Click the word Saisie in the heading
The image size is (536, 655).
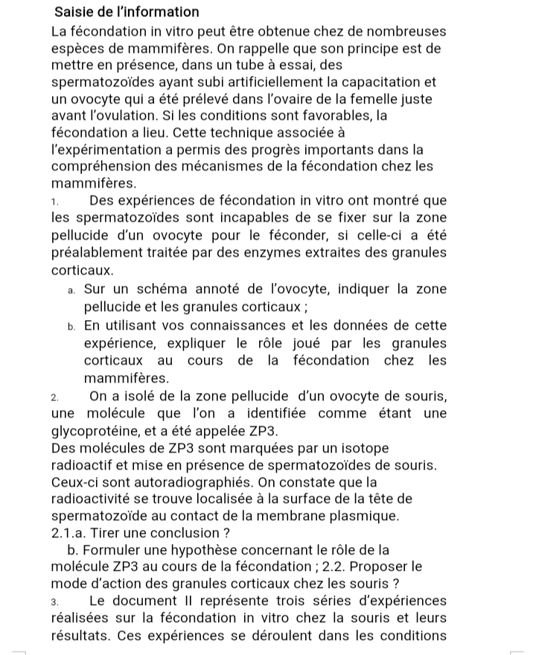(77, 12)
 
